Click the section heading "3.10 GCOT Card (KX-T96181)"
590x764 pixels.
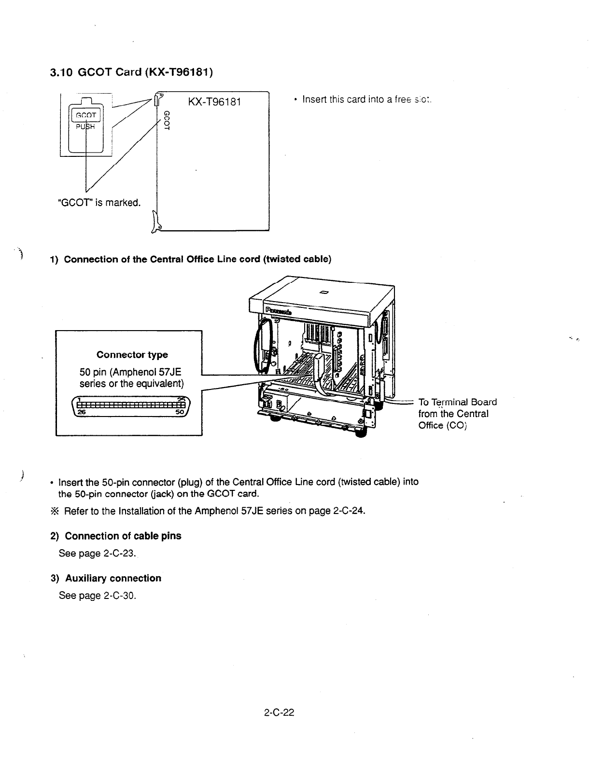coord(131,72)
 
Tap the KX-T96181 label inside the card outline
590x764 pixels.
coord(214,102)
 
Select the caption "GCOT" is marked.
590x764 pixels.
coord(99,202)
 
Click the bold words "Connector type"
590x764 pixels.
coord(132,355)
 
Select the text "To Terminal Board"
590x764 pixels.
coord(457,403)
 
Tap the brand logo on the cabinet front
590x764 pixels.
coord(278,309)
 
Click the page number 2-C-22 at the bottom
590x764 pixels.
coord(279,712)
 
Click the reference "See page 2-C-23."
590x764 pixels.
coord(98,553)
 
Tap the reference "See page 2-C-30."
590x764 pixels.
coord(98,596)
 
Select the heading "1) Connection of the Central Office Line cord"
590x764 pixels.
coord(191,259)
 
